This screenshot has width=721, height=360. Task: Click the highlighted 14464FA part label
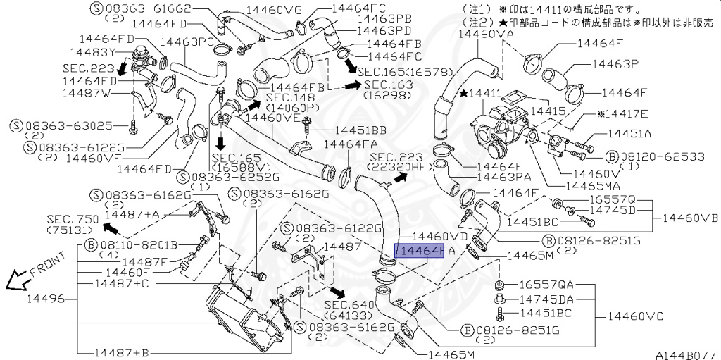click(x=420, y=250)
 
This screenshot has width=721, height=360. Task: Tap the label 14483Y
click(x=92, y=52)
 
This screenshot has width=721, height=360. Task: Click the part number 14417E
click(x=622, y=113)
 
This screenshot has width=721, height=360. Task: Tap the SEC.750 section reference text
click(x=73, y=219)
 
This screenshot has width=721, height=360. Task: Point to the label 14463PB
click(x=384, y=19)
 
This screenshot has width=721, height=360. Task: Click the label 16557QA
click(x=546, y=285)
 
